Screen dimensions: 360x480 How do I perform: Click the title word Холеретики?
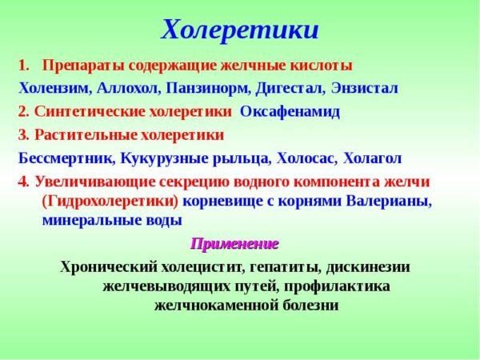240,30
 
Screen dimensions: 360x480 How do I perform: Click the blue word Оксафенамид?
290,111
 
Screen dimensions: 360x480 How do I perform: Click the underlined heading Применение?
234,243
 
